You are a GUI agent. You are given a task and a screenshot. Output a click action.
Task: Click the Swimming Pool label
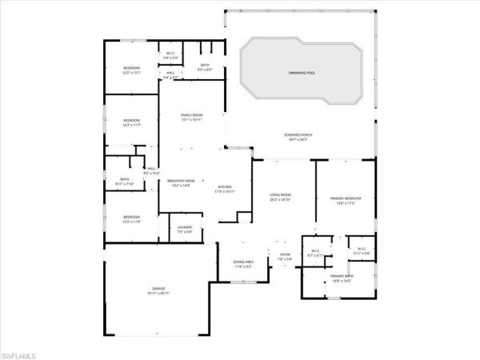302,73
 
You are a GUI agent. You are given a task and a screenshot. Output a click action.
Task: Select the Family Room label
191,118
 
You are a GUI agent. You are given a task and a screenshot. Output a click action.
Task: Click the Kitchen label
225,189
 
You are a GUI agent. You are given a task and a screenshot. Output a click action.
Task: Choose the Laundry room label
184,230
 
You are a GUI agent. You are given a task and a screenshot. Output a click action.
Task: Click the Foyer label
284,257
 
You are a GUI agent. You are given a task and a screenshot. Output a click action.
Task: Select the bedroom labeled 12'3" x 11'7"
131,122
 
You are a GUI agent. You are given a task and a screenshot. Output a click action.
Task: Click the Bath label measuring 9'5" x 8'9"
205,67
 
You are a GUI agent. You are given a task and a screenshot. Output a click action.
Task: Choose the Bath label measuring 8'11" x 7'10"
125,181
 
